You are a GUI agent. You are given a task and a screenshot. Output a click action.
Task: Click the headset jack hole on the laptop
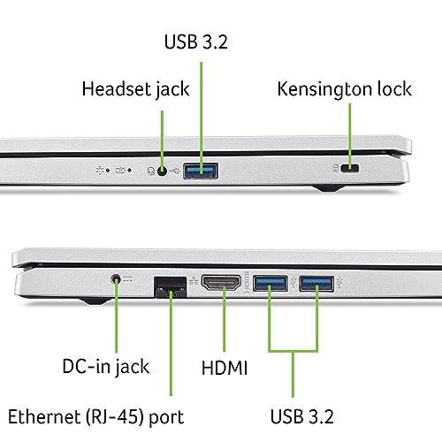coord(162,171)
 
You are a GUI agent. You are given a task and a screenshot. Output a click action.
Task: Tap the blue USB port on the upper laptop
coord(201,171)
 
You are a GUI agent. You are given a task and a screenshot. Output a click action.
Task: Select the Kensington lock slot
coord(350,168)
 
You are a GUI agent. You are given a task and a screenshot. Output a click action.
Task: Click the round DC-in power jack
coord(117,278)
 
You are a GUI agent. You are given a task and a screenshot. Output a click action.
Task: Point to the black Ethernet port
coord(171,287)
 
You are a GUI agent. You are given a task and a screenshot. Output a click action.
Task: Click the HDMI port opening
coord(221,282)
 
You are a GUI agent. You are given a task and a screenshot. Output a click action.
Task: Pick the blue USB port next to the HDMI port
coord(271,283)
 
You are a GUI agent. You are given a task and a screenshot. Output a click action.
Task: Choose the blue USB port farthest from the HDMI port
coord(316,284)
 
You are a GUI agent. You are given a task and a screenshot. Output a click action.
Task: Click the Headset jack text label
coord(135,89)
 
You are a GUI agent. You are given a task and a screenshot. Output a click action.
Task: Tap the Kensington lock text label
coord(345,89)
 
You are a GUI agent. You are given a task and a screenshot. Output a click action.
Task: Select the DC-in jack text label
coord(106,367)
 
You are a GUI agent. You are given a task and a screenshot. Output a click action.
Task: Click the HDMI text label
coord(225,368)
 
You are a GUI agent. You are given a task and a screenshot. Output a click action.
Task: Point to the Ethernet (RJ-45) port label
coord(96,417)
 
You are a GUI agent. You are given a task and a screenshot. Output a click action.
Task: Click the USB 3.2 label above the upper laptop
coord(196,42)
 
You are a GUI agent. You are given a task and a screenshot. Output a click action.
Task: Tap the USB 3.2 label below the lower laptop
coord(302,416)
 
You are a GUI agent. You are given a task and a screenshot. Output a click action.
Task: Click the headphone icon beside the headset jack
coord(151,171)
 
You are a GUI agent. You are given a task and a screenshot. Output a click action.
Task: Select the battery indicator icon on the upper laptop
coord(120,171)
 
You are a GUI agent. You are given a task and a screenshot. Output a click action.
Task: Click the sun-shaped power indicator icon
coord(100,171)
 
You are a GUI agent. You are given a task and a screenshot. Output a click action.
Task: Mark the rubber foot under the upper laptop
coord(329,188)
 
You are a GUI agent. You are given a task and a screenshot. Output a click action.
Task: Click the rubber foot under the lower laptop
coord(95,301)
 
